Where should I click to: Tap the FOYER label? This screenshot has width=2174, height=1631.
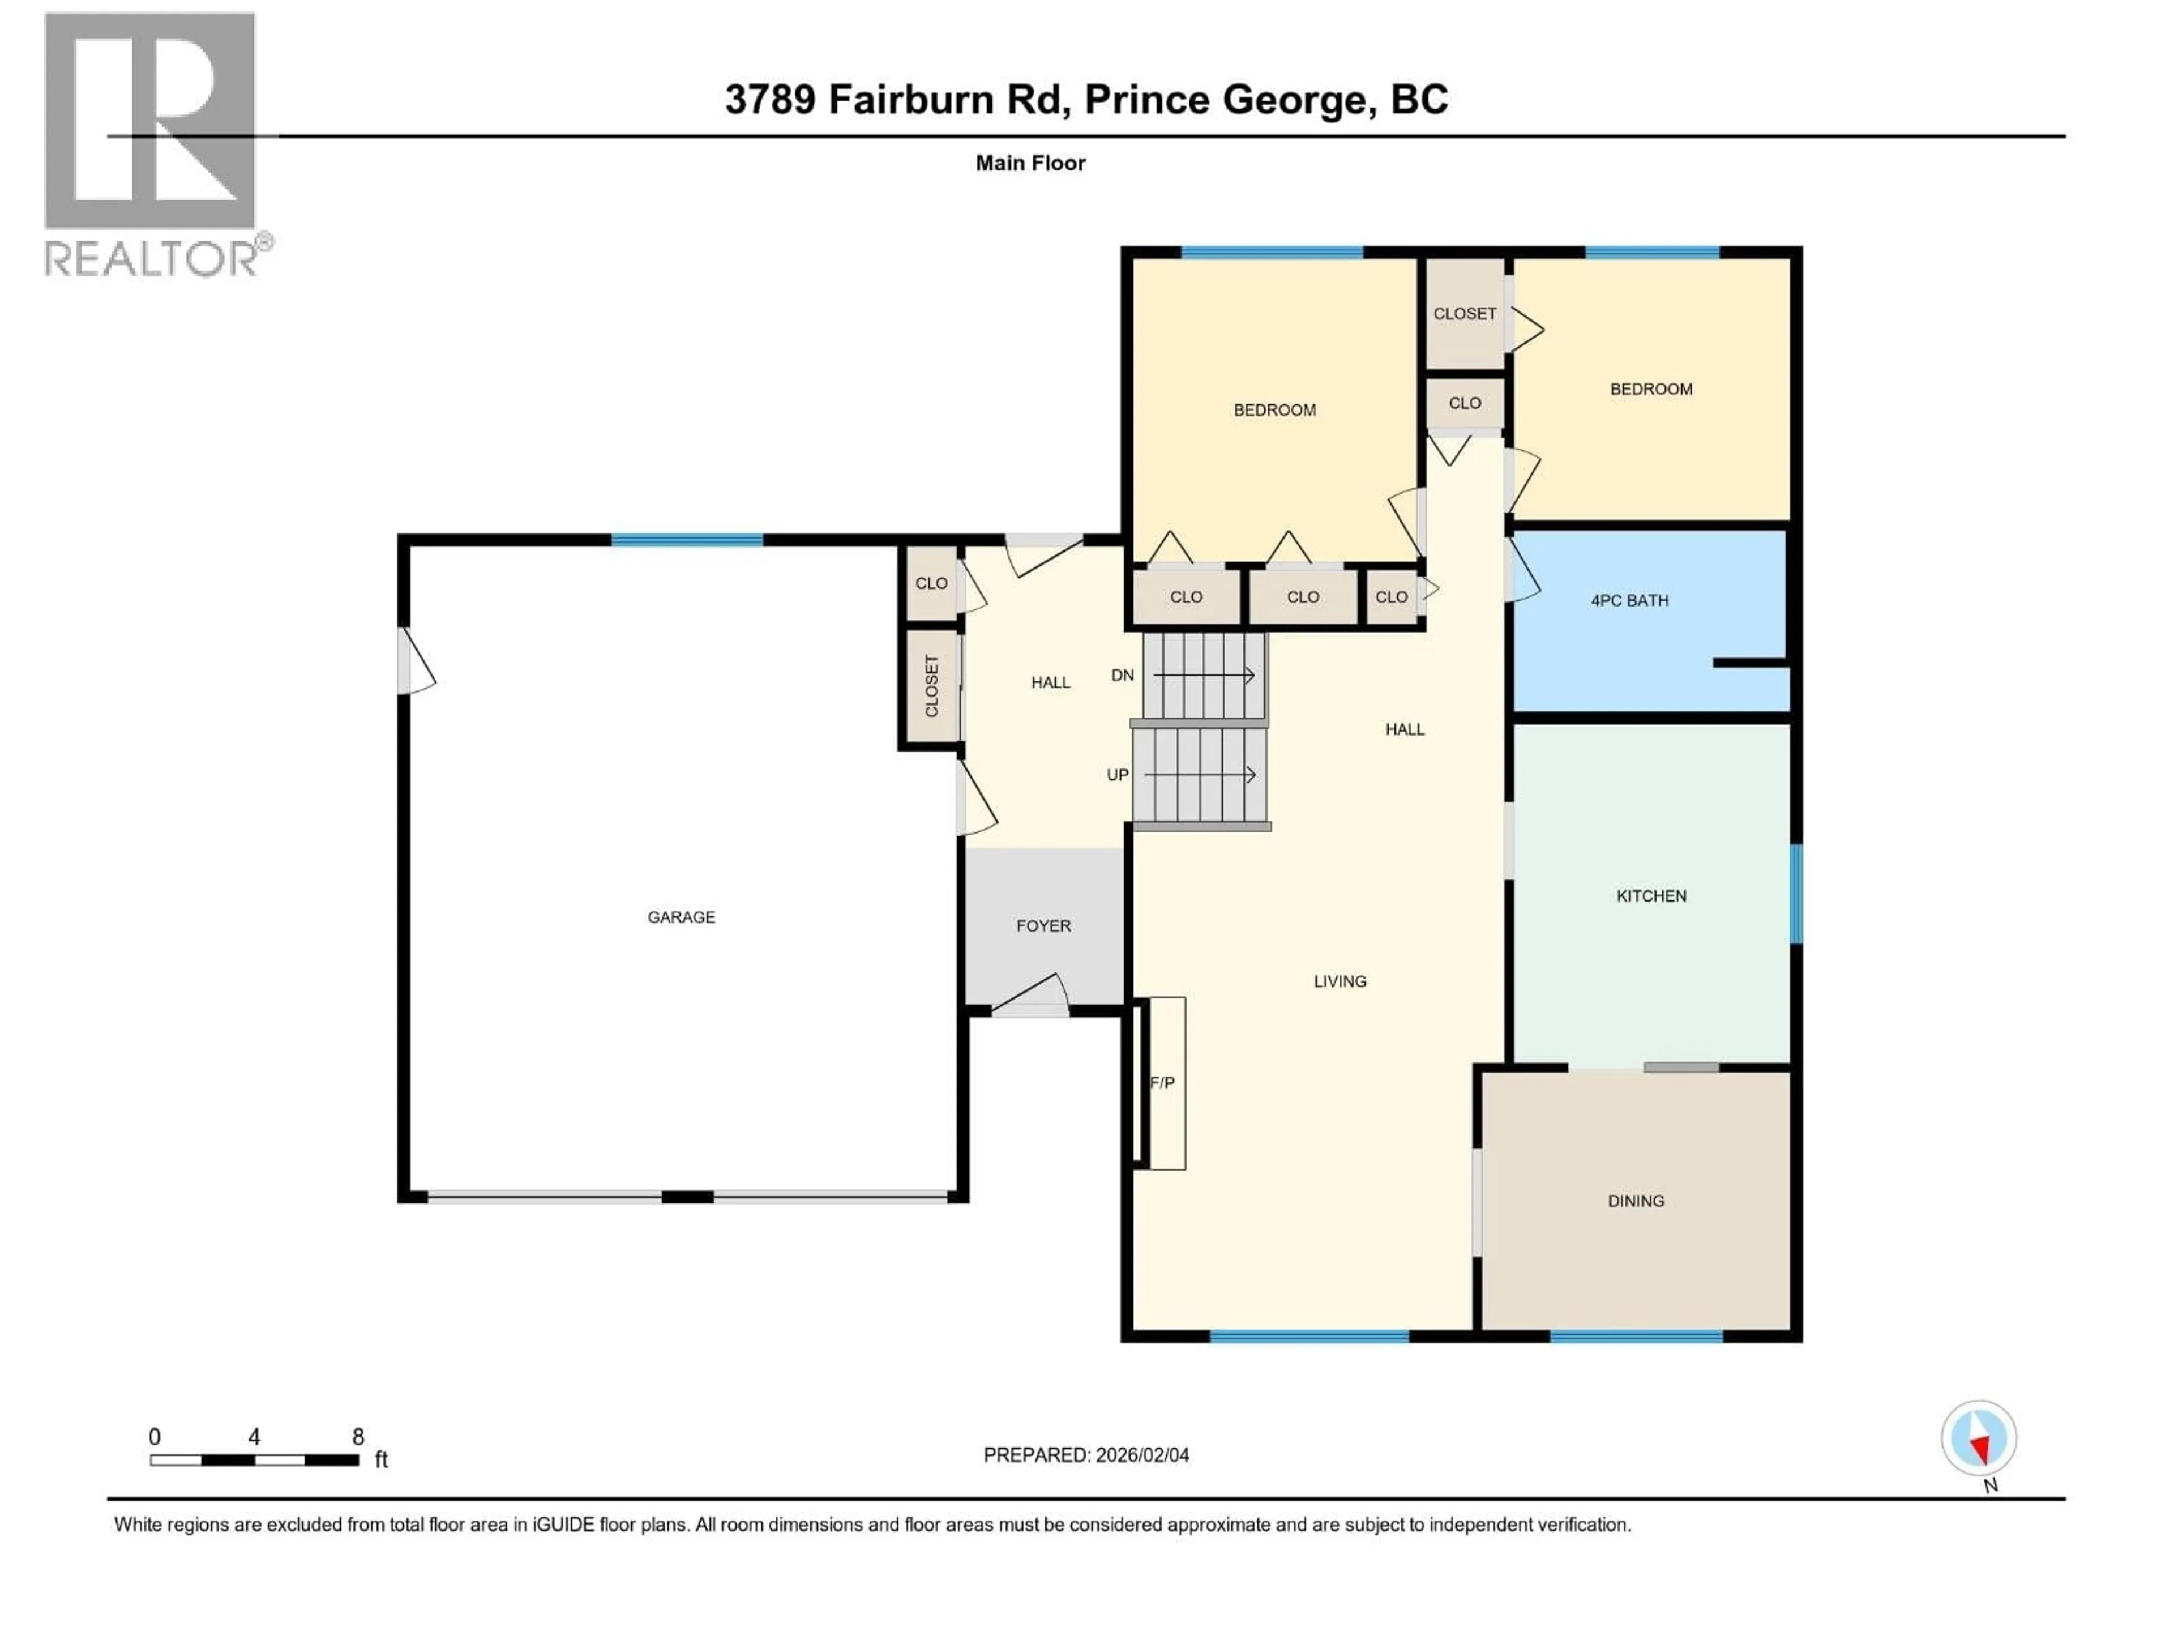[x=1043, y=926]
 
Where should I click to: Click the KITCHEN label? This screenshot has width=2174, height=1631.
[x=1651, y=895]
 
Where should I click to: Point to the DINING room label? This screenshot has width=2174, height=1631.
[x=1636, y=1201]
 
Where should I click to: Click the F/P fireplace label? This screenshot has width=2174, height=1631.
[x=1162, y=1082]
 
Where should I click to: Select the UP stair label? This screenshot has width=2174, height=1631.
[x=1118, y=775]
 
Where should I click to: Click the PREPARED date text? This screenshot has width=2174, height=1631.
[x=1086, y=1455]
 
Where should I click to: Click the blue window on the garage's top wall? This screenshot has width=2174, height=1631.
[x=687, y=540]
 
